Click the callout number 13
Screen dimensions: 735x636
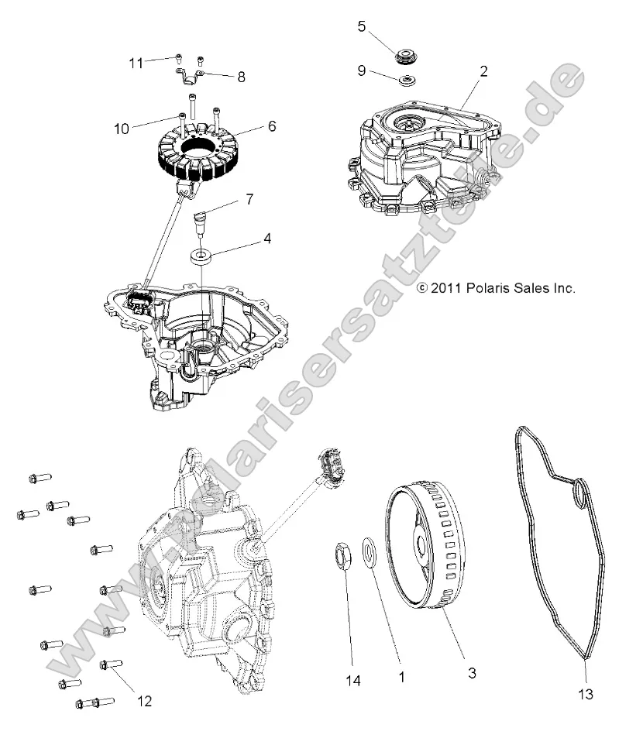pyautogui.click(x=586, y=694)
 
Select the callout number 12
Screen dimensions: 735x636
pyautogui.click(x=144, y=702)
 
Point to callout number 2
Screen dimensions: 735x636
pyautogui.click(x=483, y=71)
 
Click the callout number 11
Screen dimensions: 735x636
pyautogui.click(x=136, y=63)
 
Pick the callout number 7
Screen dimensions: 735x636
pyautogui.click(x=249, y=200)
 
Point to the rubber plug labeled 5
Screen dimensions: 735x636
pyautogui.click(x=405, y=57)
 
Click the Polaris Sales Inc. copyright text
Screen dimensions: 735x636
pyautogui.click(x=497, y=288)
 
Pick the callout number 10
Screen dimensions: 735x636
pyautogui.click(x=122, y=129)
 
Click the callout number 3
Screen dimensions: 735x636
pyautogui.click(x=471, y=674)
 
